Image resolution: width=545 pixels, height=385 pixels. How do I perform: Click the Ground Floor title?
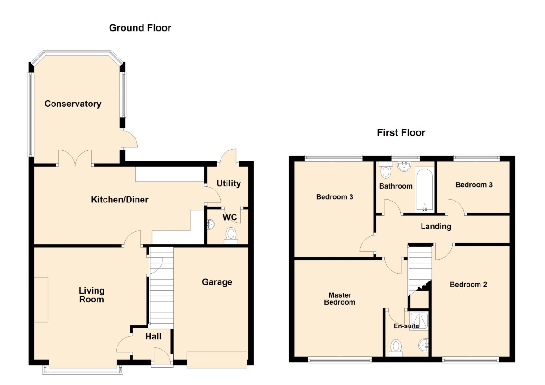click(140, 28)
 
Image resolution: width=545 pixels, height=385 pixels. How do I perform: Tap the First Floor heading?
click(401, 132)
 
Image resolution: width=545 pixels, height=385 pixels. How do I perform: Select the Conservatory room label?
click(73, 104)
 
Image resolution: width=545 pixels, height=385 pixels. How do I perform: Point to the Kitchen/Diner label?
click(120, 200)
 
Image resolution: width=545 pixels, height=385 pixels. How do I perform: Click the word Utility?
click(229, 183)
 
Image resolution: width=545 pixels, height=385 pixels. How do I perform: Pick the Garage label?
click(217, 282)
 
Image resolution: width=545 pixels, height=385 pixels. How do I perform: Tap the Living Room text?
click(91, 295)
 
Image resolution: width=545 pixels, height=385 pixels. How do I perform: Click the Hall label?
click(153, 337)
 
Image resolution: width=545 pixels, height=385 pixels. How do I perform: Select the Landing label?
click(436, 227)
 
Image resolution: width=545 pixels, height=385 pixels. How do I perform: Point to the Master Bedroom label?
click(340, 299)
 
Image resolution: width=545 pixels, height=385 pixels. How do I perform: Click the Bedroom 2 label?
click(468, 285)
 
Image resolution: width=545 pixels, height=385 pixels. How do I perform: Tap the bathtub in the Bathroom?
click(424, 190)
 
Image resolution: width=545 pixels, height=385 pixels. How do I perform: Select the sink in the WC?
click(211, 225)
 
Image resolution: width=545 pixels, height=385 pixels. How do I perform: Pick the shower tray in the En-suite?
click(419, 320)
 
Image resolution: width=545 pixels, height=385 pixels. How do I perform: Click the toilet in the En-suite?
click(396, 348)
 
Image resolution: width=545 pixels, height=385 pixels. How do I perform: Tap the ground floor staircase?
click(161, 287)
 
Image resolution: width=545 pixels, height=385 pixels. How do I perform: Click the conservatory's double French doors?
click(75, 157)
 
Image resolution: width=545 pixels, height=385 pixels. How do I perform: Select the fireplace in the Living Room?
click(41, 300)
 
